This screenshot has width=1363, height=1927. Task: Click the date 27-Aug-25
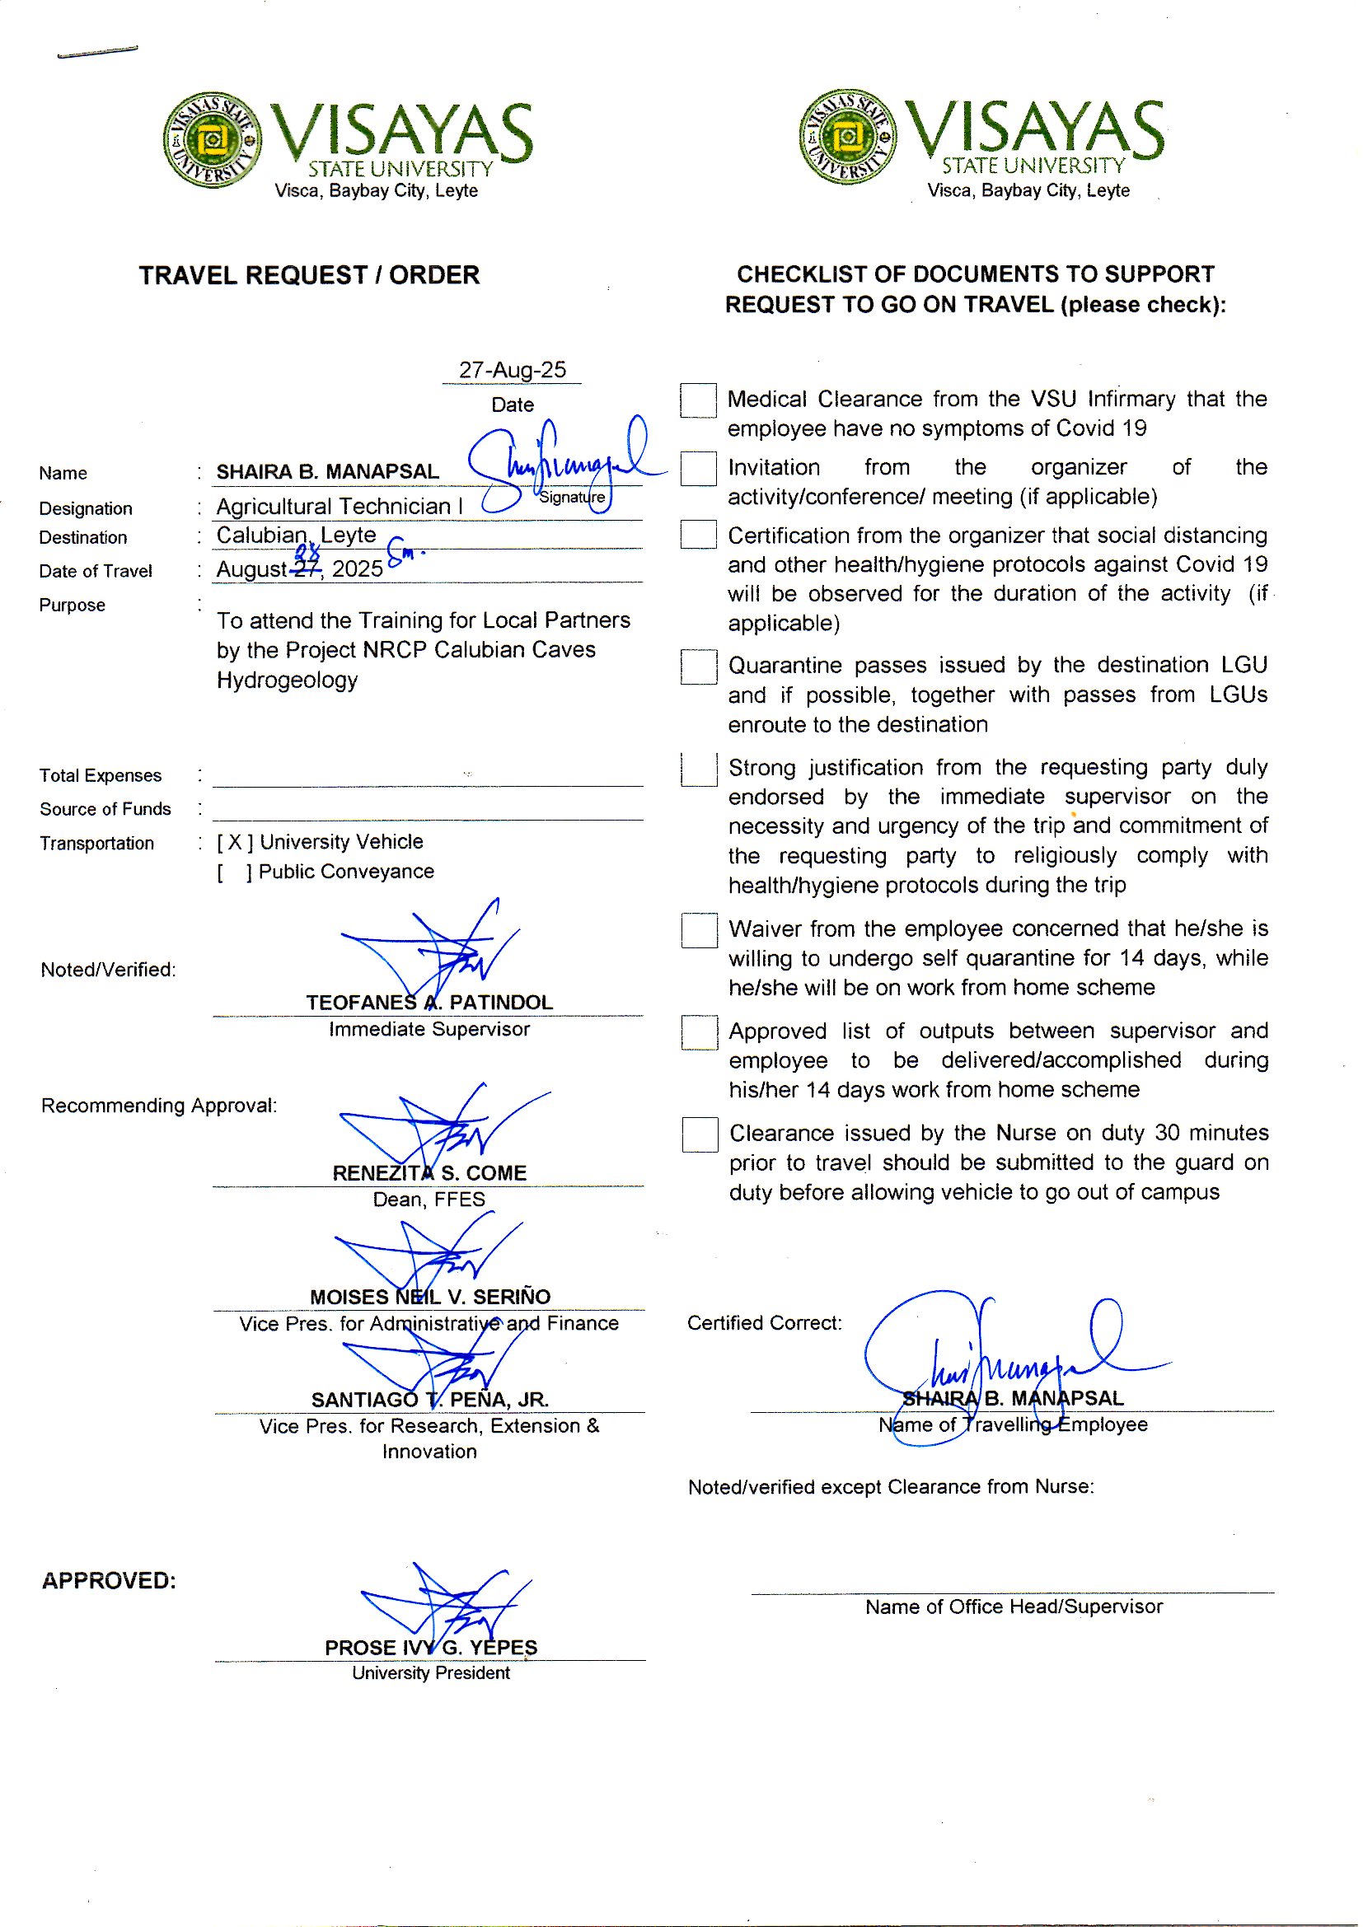click(x=512, y=370)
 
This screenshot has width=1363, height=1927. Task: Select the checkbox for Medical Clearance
click(x=697, y=400)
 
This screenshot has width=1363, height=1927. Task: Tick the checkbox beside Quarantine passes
click(x=698, y=666)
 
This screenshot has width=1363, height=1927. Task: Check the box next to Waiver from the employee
click(x=699, y=930)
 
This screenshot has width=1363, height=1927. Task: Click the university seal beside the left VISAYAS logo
click(x=213, y=139)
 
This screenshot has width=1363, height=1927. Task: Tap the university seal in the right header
click(x=847, y=136)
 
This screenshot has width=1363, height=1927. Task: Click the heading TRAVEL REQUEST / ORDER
click(x=309, y=275)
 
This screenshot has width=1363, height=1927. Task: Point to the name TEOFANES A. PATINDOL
click(x=429, y=1002)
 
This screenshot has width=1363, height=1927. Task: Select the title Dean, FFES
click(x=429, y=1200)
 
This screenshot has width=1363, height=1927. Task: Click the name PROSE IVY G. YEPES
click(x=430, y=1648)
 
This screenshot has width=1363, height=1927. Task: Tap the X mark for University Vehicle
click(x=235, y=842)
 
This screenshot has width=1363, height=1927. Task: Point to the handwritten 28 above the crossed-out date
click(x=307, y=552)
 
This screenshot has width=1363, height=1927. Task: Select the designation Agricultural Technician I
click(x=339, y=506)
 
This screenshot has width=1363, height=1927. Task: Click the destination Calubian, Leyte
click(x=296, y=535)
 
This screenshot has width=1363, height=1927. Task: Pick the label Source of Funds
click(x=105, y=809)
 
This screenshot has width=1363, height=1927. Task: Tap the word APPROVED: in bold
click(x=109, y=1580)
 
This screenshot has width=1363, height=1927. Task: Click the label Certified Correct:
click(x=764, y=1323)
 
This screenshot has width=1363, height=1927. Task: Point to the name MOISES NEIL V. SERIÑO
click(x=429, y=1297)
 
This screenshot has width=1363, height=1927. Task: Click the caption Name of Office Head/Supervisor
click(x=1013, y=1607)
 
